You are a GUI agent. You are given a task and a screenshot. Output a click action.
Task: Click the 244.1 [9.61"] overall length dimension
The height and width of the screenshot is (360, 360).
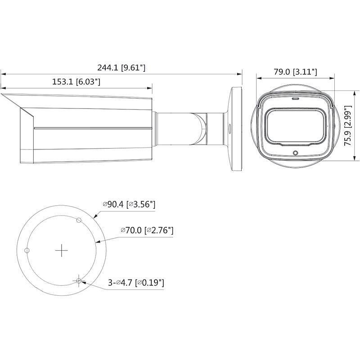coord(121,67)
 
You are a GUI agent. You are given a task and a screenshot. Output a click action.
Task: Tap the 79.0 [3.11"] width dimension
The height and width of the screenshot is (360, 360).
coord(296,72)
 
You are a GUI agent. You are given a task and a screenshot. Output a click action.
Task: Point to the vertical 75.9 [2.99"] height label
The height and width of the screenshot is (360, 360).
coord(347,126)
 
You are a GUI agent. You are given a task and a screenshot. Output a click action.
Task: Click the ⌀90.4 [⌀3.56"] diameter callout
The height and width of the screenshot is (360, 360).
coord(129,204)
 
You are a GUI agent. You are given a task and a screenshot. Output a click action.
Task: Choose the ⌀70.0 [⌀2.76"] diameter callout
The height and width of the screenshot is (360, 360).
coord(147,230)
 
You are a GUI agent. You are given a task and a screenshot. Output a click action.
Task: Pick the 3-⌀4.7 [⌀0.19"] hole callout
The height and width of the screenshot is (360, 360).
coord(135,283)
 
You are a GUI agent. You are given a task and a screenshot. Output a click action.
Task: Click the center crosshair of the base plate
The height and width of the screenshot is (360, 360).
coord(61,251)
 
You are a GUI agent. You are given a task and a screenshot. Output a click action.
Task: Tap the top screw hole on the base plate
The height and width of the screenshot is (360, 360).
coord(79,220)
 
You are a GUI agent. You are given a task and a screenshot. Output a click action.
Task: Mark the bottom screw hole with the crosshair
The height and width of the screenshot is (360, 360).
coord(79,281)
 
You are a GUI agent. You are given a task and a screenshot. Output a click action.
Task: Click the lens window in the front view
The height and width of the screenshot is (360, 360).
coord(295,126)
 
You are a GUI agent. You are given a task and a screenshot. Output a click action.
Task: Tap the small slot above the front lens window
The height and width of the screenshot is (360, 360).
coord(295,98)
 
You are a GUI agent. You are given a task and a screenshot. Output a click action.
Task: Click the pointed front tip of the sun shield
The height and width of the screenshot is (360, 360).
coord(3,95)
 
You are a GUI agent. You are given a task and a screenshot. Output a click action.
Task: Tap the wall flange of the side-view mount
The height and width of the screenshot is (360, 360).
coord(236,128)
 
